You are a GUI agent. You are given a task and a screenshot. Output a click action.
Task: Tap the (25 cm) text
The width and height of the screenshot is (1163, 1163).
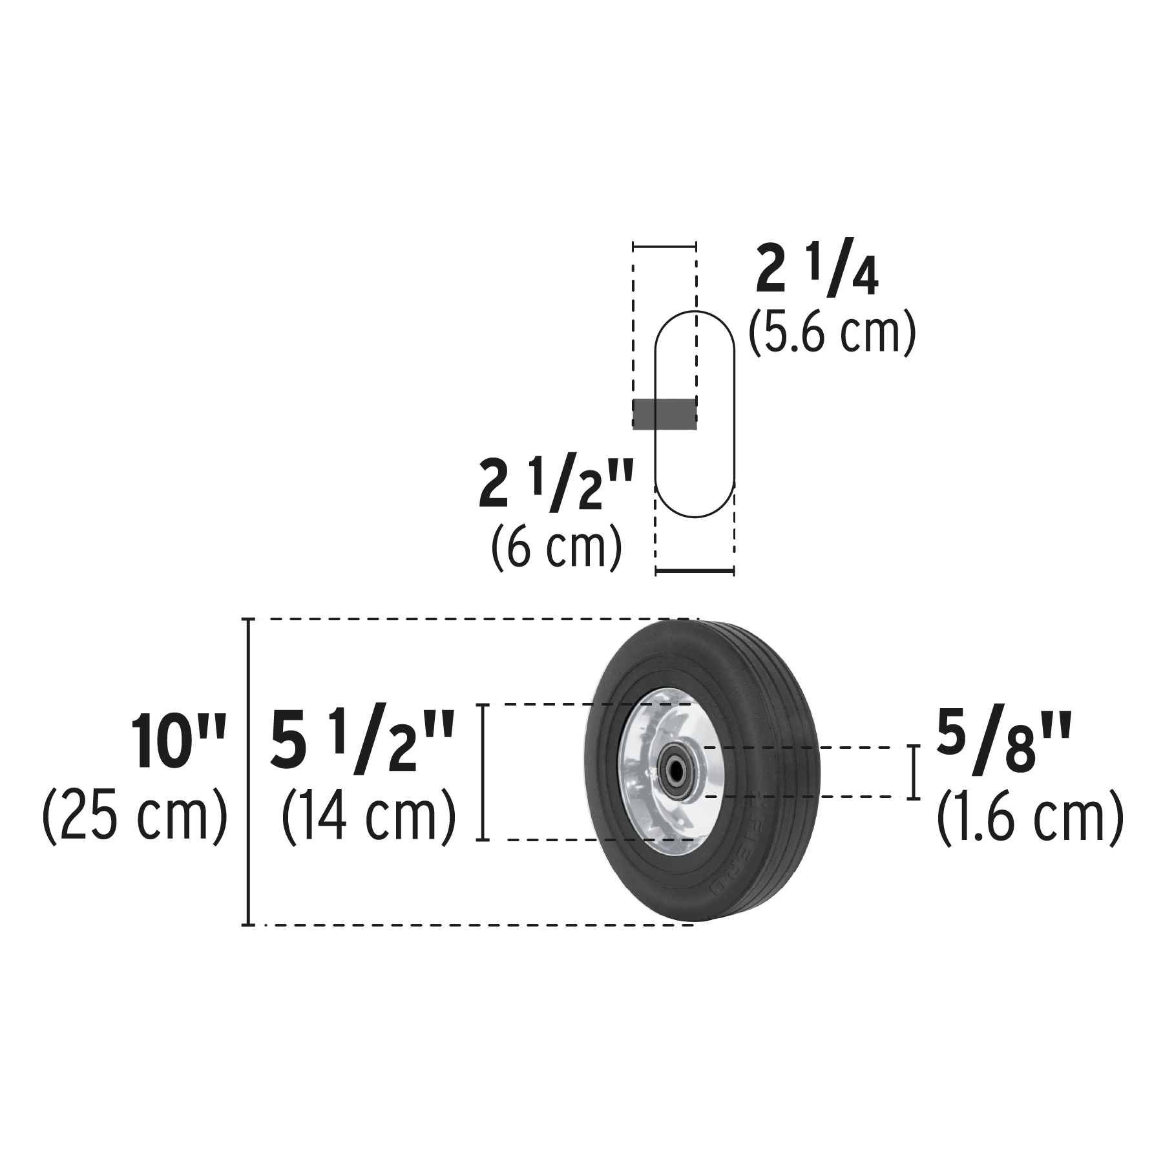[135, 816]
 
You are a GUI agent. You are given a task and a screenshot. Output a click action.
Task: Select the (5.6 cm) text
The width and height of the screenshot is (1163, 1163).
[832, 331]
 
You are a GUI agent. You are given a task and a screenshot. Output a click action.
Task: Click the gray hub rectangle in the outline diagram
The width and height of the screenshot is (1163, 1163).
[664, 414]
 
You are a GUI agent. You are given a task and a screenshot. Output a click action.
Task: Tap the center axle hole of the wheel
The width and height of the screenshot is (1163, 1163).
[676, 771]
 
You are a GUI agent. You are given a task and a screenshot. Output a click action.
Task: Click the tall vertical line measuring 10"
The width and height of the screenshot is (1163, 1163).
[248, 772]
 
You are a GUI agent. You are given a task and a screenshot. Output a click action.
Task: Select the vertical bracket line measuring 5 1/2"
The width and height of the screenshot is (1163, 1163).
[481, 772]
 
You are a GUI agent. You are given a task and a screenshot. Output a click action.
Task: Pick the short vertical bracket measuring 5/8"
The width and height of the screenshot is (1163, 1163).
[913, 772]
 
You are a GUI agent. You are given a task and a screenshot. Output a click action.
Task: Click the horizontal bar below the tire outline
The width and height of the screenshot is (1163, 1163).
[695, 571]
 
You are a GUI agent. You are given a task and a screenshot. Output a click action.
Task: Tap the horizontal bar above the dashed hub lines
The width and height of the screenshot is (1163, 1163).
[664, 246]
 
